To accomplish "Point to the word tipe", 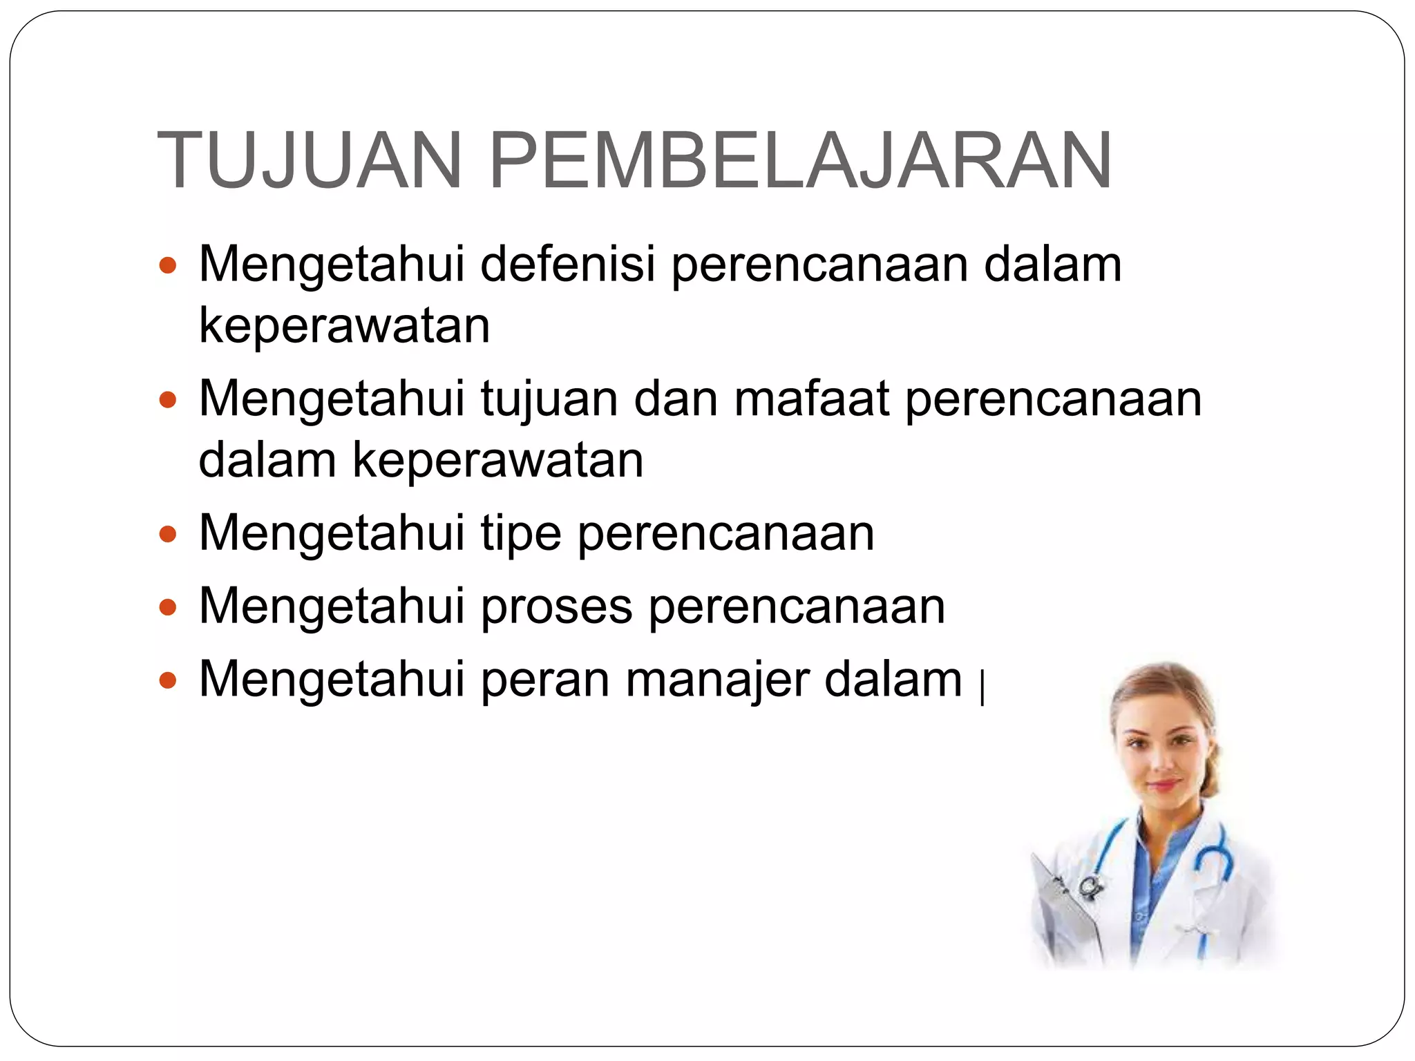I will pyautogui.click(x=520, y=534).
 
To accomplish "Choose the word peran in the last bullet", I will pyautogui.click(x=544, y=681).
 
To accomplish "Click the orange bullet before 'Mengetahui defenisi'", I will pyautogui.click(x=168, y=266).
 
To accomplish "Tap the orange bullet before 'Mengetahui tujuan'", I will pyautogui.click(x=168, y=401).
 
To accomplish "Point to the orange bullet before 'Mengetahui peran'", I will pyautogui.click(x=168, y=681).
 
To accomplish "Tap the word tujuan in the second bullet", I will pyautogui.click(x=549, y=401).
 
